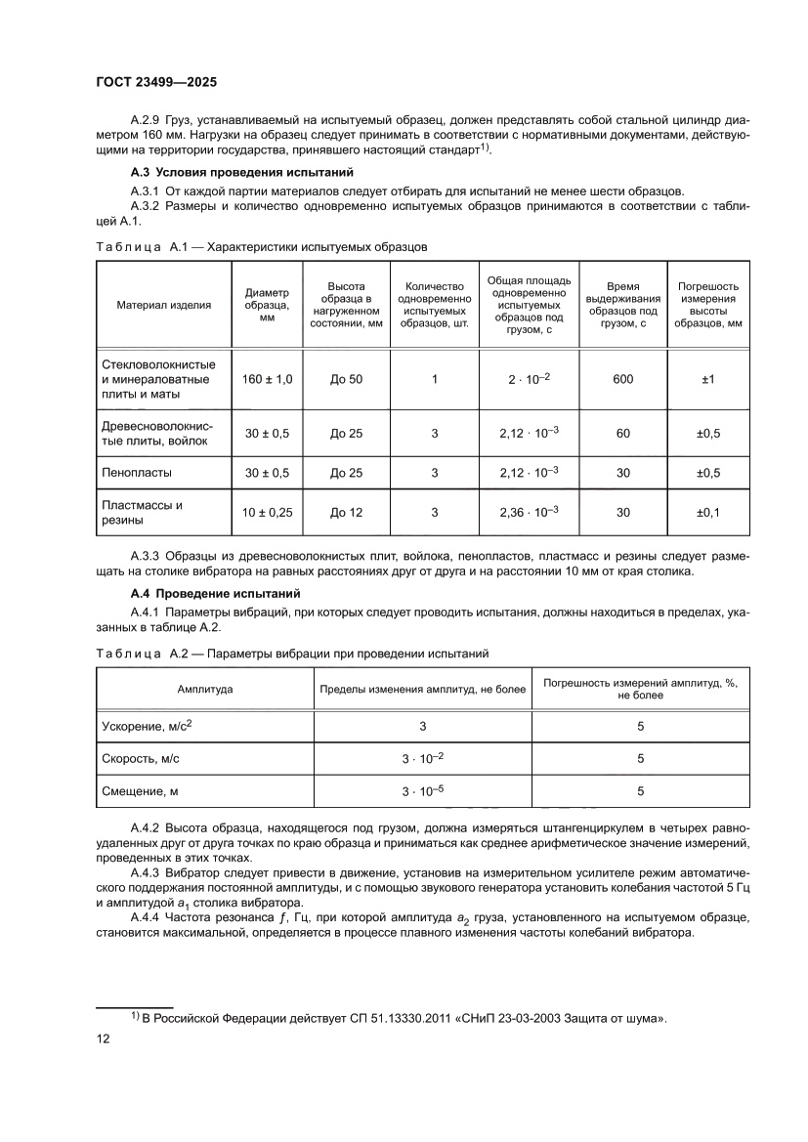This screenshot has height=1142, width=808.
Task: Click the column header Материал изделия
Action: tap(164, 304)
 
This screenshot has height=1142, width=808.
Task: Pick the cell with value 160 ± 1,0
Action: tap(268, 378)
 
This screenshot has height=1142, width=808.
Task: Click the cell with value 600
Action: tap(623, 378)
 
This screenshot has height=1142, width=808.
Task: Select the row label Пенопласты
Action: tap(137, 472)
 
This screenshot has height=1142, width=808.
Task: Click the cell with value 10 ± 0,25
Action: tap(268, 511)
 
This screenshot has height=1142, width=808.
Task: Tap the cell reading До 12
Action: tap(346, 511)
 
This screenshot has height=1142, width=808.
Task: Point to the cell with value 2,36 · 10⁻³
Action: tap(529, 511)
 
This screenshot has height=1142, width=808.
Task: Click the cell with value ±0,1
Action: tap(708, 511)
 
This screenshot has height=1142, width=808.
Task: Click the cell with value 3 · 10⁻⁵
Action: tap(422, 790)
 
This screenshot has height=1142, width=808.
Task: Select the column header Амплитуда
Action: tap(205, 689)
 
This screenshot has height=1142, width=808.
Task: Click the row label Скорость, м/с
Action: tap(141, 758)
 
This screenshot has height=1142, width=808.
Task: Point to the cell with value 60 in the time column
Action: tap(623, 433)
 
